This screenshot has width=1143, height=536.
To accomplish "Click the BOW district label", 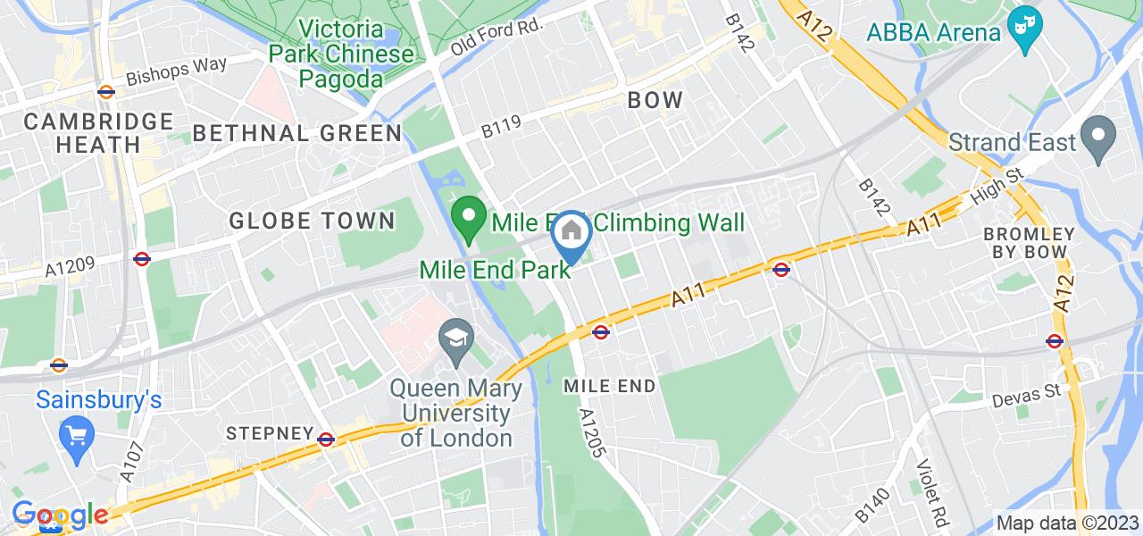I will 655,100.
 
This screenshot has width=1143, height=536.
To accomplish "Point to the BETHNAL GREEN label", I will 297,134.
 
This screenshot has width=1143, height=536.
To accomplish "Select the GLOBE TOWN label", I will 312,220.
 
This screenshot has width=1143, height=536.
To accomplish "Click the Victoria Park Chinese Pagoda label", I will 343,53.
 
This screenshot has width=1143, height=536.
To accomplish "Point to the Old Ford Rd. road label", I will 496,37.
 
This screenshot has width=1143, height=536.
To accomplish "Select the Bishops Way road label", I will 177,71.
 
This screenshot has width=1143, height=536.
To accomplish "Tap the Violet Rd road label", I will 932,493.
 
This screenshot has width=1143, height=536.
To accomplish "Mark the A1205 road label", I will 593,434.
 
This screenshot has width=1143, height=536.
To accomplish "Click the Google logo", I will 59,515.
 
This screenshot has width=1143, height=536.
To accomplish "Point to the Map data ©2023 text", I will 1066,523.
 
